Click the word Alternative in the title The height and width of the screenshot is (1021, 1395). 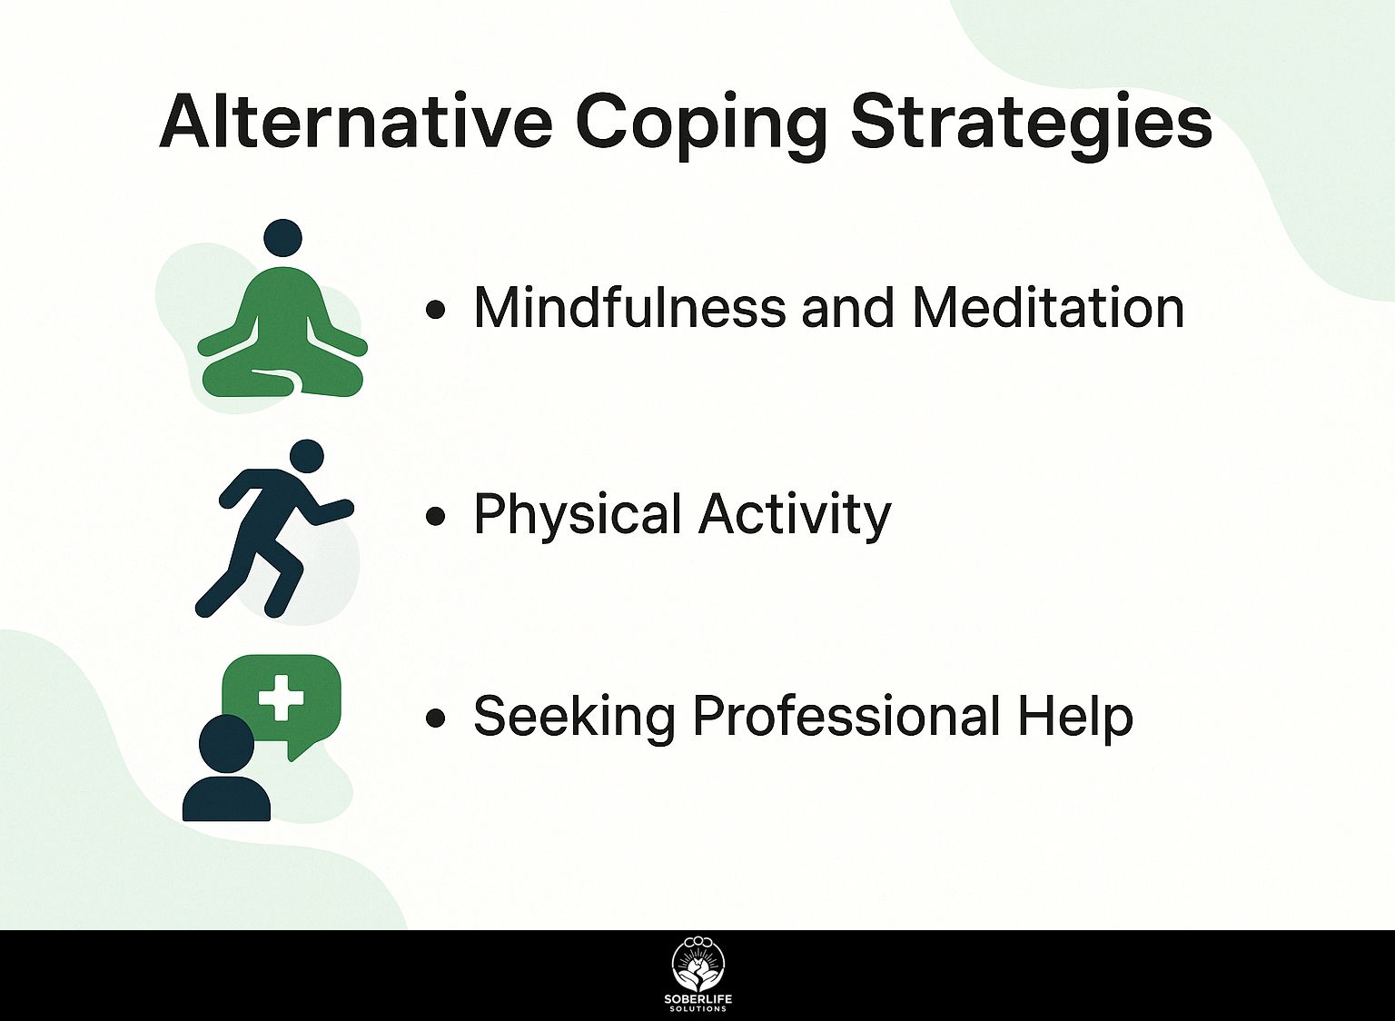point(356,122)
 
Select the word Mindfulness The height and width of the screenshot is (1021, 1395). point(629,307)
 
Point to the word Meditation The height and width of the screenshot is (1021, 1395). point(1048,307)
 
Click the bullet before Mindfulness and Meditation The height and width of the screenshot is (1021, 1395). point(435,309)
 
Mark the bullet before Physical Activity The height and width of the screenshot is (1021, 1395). point(435,516)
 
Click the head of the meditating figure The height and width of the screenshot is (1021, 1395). point(282,238)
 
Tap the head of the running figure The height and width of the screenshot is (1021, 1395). point(307,457)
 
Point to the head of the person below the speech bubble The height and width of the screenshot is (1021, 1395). point(226,742)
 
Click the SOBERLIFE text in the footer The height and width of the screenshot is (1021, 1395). point(697,998)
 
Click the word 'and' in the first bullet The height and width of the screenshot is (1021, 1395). point(849,307)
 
